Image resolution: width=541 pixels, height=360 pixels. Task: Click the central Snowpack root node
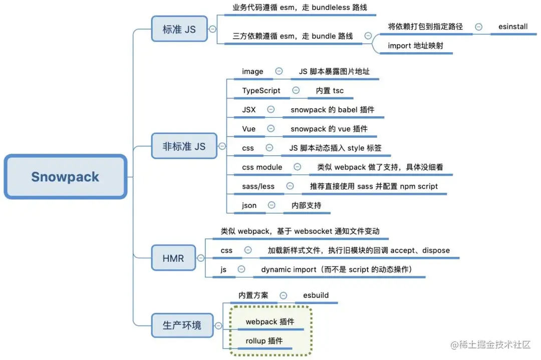click(65, 177)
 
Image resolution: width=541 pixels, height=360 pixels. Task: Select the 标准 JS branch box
click(179, 29)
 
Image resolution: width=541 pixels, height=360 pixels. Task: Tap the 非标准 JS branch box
click(184, 146)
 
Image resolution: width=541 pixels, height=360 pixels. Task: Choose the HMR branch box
click(173, 258)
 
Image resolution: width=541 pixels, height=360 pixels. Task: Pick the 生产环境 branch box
click(182, 325)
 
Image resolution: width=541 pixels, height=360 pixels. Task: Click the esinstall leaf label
click(512, 27)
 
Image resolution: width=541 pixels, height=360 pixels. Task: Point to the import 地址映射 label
click(415, 46)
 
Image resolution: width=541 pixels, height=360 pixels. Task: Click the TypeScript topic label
click(261, 91)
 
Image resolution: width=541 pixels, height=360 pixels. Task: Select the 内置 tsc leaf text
click(330, 91)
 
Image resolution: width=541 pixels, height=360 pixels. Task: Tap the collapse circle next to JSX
click(271, 109)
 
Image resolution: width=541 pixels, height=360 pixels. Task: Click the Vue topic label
click(249, 129)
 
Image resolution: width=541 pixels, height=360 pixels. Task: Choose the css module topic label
click(262, 167)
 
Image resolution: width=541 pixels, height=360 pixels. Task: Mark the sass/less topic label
click(258, 186)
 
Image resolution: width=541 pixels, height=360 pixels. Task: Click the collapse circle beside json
click(272, 205)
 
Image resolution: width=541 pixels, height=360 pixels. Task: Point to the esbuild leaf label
click(316, 295)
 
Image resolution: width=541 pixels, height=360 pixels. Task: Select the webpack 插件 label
click(270, 321)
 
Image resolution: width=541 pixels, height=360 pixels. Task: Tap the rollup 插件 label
click(264, 341)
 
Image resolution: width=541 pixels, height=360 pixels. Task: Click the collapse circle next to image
click(279, 71)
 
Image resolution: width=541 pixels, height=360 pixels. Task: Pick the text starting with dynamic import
click(336, 269)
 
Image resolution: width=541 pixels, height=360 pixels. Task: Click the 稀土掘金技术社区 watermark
click(490, 344)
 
